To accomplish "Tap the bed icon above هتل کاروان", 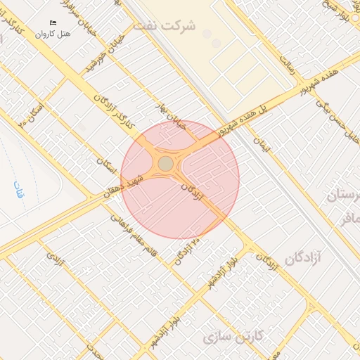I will click(53, 23).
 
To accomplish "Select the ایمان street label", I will click(262, 146).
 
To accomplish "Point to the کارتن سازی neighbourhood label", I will click(233, 337).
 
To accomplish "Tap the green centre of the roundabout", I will click(165, 164).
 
